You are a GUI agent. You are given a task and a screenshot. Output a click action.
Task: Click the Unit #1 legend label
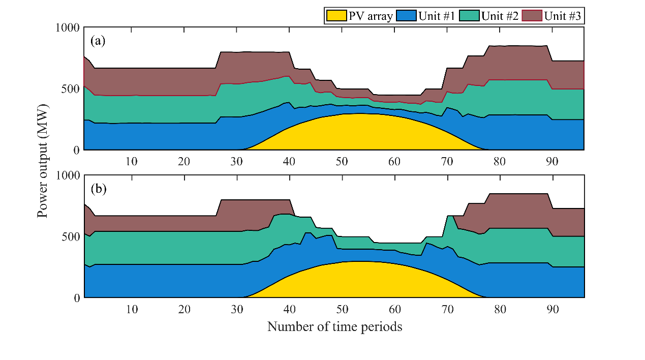pyautogui.click(x=436, y=16)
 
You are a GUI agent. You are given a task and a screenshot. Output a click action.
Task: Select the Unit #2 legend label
pyautogui.click(x=500, y=16)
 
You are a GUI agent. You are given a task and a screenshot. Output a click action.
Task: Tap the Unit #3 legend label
pyautogui.click(x=563, y=16)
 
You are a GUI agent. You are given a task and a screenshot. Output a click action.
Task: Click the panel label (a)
pyautogui.click(x=98, y=41)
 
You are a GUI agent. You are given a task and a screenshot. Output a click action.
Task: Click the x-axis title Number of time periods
pyautogui.click(x=334, y=327)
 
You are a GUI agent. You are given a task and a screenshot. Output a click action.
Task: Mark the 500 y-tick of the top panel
pyautogui.click(x=71, y=88)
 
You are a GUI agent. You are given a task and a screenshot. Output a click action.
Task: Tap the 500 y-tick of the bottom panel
pyautogui.click(x=71, y=236)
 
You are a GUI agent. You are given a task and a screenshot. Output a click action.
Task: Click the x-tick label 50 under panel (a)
pyautogui.click(x=342, y=162)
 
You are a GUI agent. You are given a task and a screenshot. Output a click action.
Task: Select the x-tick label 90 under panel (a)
pyautogui.click(x=552, y=162)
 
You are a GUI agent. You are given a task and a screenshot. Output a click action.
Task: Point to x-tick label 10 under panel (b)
pyautogui.click(x=132, y=309)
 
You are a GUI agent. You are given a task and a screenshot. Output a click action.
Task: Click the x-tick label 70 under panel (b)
pyautogui.click(x=447, y=309)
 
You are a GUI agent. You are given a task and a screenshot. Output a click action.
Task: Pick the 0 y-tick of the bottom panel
pyautogui.click(x=77, y=298)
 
